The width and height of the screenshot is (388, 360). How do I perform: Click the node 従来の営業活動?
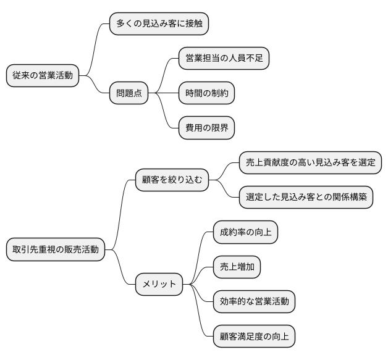(43, 76)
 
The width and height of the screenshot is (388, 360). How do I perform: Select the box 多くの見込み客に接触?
(158, 24)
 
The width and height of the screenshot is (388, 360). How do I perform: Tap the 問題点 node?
(129, 93)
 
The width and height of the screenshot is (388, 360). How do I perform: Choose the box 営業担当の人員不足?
(224, 59)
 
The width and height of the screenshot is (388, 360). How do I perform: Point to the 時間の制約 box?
(206, 93)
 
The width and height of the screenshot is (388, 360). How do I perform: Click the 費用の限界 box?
(206, 128)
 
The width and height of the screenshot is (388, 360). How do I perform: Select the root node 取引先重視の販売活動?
(56, 250)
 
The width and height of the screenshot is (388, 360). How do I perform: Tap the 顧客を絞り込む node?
(172, 180)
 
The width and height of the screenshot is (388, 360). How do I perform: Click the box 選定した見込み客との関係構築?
(306, 198)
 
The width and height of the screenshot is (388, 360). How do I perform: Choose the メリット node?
(159, 285)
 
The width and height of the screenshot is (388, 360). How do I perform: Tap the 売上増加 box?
(237, 267)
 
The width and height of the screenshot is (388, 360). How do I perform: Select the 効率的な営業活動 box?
(254, 302)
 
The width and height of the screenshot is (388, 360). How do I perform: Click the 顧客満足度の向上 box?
(254, 337)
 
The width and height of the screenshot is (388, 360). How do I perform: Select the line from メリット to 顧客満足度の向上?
(202, 315)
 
